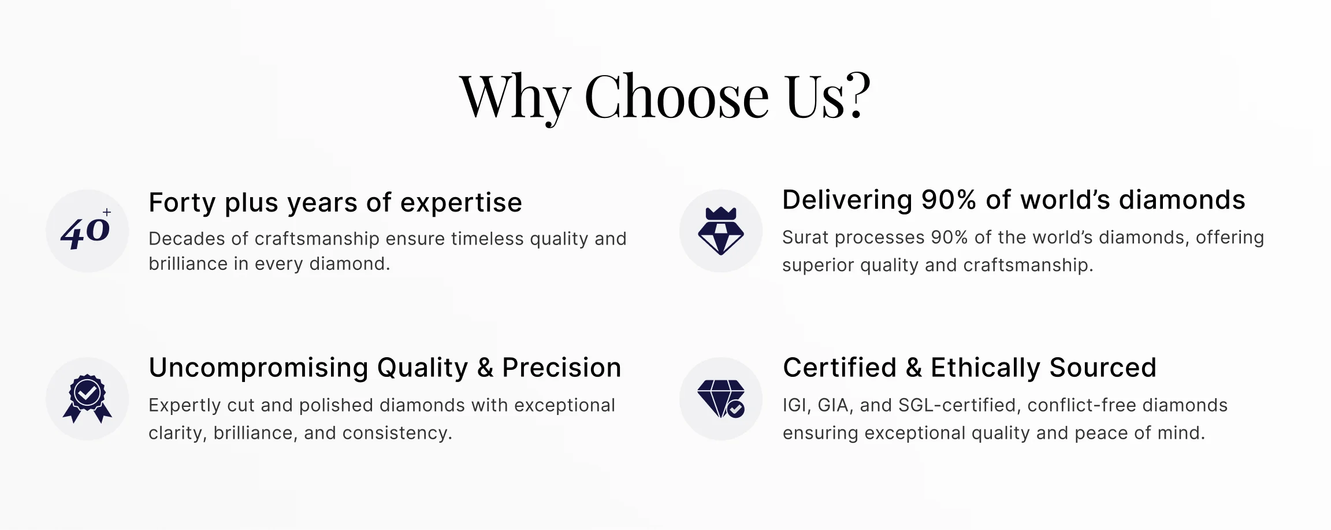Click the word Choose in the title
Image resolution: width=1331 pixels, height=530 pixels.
(x=676, y=97)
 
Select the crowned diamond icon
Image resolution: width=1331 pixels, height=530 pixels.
(x=721, y=231)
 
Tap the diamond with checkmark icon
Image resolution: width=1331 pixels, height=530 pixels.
(x=721, y=399)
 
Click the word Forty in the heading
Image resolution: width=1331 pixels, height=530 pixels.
(x=183, y=203)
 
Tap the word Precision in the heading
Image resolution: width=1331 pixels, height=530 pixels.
(x=562, y=368)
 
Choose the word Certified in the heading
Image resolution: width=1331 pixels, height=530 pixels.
(x=839, y=368)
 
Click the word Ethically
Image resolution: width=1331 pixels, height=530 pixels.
(x=986, y=368)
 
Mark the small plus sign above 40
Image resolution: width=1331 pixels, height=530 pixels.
(x=107, y=212)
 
